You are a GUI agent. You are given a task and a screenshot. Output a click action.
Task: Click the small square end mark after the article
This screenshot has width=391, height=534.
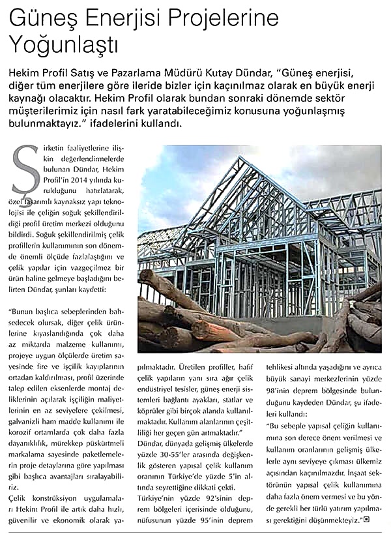pos(366,520)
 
